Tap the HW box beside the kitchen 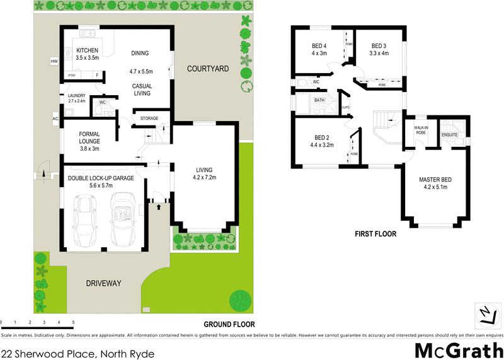click(x=54, y=61)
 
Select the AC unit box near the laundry click(x=55, y=118)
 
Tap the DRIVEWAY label click(x=103, y=284)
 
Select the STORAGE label click(x=149, y=118)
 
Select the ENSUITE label click(x=449, y=134)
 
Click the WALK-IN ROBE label click(x=421, y=131)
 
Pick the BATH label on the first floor click(x=319, y=100)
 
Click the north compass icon click(x=484, y=313)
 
